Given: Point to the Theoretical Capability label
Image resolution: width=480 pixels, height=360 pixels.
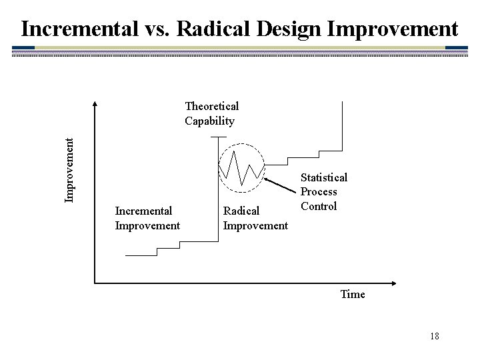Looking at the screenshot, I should (x=211, y=113).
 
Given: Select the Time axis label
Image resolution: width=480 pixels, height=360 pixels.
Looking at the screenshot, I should (x=352, y=294).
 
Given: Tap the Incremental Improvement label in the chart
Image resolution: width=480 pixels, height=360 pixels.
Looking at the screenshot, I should (x=147, y=218).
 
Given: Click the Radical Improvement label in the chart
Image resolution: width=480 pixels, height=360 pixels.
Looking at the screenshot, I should (x=255, y=218).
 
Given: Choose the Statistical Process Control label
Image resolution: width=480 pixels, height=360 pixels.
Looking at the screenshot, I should (x=323, y=191).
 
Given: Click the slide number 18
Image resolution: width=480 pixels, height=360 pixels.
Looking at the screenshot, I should (x=434, y=336).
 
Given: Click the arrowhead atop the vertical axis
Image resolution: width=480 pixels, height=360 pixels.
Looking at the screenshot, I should (x=95, y=105).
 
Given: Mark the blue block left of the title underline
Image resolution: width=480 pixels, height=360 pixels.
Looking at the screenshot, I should (x=24, y=48).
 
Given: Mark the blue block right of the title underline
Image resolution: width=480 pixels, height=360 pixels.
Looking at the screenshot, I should (x=456, y=48).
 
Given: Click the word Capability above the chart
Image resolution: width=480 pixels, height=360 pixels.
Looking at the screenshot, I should (x=209, y=121).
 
